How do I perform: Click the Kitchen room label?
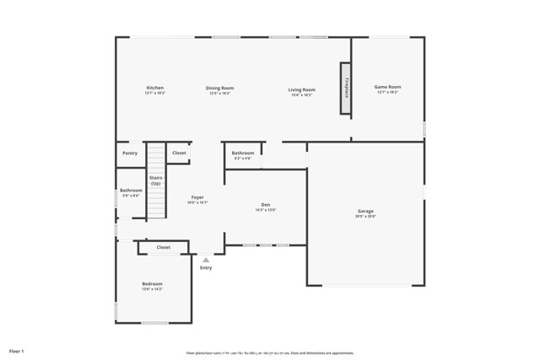154,88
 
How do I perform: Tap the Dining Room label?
220,88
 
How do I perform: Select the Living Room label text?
301,89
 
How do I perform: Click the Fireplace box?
346,88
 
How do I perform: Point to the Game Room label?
387,86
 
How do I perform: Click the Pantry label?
129,153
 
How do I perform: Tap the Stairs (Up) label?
156,180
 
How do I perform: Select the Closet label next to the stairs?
179,153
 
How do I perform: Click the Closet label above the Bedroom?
163,247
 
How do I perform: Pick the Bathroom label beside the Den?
243,153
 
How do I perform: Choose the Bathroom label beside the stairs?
131,190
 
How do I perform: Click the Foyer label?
197,197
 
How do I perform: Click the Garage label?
365,211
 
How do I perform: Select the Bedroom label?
152,284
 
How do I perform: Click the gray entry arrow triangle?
205,260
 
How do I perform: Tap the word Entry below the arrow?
206,268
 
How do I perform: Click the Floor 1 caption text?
17,350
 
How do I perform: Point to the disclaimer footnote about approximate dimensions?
269,353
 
